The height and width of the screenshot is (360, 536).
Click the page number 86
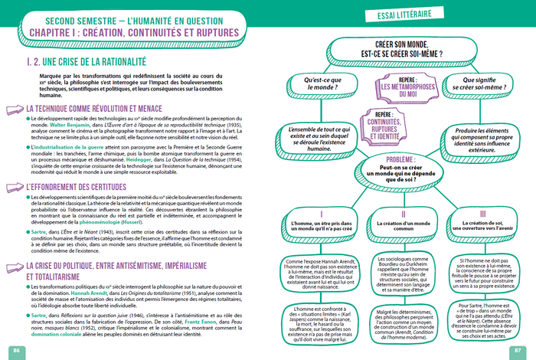[x=15, y=350]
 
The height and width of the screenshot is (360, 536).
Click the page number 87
[x=520, y=350]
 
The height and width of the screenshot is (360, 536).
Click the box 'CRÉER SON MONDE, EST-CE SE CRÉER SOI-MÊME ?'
[x=400, y=51]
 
